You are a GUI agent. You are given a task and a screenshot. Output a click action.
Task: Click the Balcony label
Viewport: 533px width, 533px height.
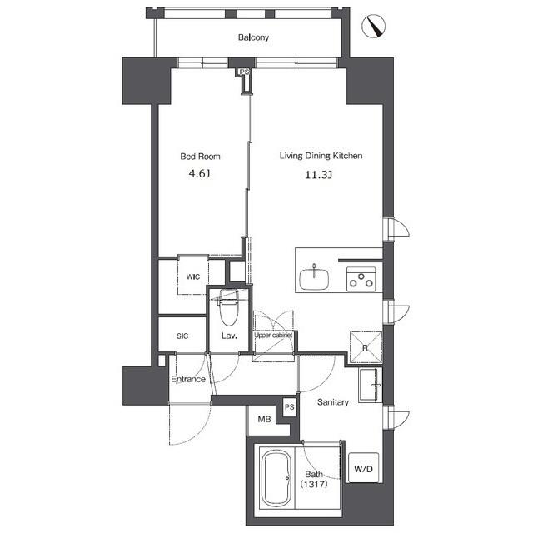253,37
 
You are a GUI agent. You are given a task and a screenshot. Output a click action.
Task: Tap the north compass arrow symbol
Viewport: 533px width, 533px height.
376,27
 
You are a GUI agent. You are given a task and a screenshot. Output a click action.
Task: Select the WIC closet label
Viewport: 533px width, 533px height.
192,276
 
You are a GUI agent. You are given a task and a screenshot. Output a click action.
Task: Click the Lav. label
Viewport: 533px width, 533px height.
229,336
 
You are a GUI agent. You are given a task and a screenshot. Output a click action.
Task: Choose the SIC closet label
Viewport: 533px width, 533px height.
182,336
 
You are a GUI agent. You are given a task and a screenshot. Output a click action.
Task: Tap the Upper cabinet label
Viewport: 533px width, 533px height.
273,335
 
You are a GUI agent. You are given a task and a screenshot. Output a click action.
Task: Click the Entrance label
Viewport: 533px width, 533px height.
188,379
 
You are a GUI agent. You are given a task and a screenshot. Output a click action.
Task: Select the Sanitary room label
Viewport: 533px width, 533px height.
332,401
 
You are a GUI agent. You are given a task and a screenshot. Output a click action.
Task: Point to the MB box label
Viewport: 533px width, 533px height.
263,419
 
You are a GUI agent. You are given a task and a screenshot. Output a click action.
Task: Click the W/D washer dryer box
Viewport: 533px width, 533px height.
364,470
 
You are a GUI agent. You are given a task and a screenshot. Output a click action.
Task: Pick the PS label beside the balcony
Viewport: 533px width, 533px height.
244,72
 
